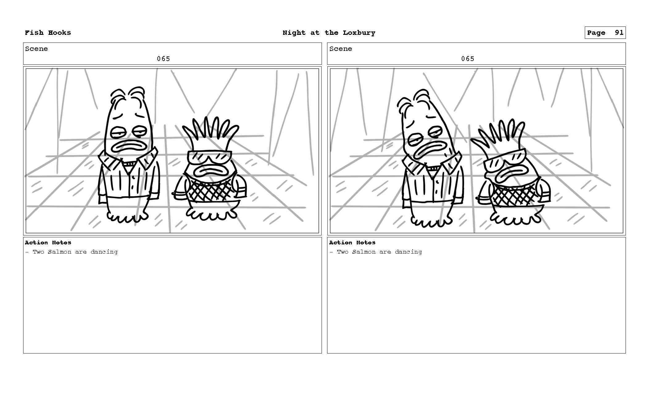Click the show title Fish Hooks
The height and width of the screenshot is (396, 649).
click(x=48, y=33)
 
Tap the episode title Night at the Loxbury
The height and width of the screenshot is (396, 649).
click(x=329, y=33)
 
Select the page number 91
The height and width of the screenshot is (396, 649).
click(x=619, y=33)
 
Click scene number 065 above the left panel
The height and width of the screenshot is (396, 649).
click(x=163, y=59)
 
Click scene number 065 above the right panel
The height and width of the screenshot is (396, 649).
click(x=468, y=59)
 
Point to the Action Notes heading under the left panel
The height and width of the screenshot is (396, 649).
click(x=48, y=243)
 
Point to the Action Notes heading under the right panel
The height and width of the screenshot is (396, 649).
click(x=352, y=243)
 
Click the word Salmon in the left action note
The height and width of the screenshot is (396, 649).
click(x=60, y=252)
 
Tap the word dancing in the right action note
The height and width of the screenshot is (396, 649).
click(x=408, y=252)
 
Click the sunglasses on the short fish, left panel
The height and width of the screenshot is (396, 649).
click(x=209, y=157)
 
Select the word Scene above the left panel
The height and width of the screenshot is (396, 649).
click(x=36, y=49)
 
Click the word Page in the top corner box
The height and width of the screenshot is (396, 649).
click(x=596, y=33)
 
